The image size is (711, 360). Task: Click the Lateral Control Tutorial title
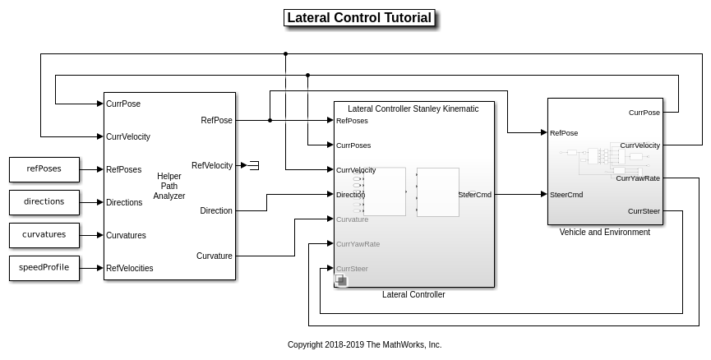(358, 18)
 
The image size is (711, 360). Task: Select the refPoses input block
(44, 169)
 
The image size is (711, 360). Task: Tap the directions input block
(44, 202)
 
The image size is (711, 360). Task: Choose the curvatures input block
(44, 235)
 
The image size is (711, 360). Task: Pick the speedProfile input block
(44, 268)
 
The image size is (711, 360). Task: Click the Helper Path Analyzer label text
(170, 186)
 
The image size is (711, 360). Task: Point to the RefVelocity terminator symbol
(254, 165)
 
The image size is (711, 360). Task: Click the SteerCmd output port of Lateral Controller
(475, 195)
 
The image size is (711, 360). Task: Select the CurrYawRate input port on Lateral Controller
(358, 244)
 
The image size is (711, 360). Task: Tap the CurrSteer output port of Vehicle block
(644, 211)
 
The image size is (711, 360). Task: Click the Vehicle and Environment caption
(604, 233)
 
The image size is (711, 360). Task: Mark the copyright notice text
(364, 345)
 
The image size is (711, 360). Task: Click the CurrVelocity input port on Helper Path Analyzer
(127, 136)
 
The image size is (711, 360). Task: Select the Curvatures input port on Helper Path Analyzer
(126, 235)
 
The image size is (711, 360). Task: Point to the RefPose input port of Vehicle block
(563, 132)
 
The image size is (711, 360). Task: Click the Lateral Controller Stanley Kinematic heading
(413, 108)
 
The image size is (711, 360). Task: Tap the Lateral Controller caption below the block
(413, 295)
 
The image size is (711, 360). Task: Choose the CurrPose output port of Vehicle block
(644, 113)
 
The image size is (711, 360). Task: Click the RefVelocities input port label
(129, 268)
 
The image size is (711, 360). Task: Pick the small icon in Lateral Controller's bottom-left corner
(341, 281)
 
